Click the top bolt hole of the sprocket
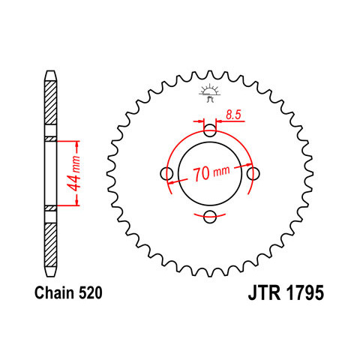210,130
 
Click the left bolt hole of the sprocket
166,173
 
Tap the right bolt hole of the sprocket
253,173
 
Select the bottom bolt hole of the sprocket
210,217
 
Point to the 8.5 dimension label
233,115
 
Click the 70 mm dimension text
211,172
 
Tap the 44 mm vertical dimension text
75,173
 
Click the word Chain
55,293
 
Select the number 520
91,293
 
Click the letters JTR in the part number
264,293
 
